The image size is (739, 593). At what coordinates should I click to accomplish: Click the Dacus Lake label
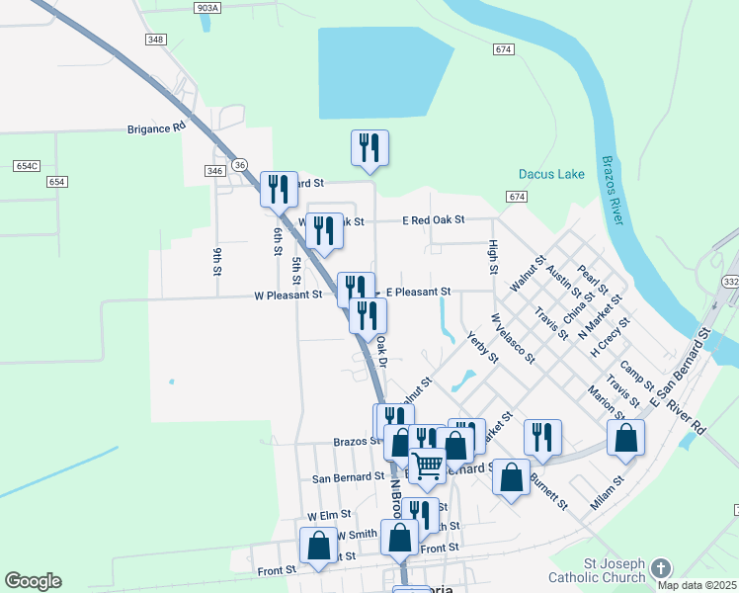pos(551,175)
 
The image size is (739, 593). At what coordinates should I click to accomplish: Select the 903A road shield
pos(207,7)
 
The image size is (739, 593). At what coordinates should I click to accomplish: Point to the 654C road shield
pos(27,166)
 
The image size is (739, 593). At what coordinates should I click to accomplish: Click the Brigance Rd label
pos(156,128)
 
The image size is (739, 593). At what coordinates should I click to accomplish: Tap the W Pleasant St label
pos(287,295)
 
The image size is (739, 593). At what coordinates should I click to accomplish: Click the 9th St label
pos(215,259)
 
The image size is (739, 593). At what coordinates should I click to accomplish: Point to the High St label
pos(491,256)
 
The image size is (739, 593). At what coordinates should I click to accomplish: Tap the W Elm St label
pos(330,516)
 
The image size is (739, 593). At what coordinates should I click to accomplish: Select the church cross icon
pos(661,568)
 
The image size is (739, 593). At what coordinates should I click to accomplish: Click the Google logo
pos(33,581)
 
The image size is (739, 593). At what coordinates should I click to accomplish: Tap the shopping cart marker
pos(428,464)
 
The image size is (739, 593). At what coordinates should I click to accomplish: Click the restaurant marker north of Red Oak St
pos(369,148)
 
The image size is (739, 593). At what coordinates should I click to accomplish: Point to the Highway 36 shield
pos(239,163)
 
